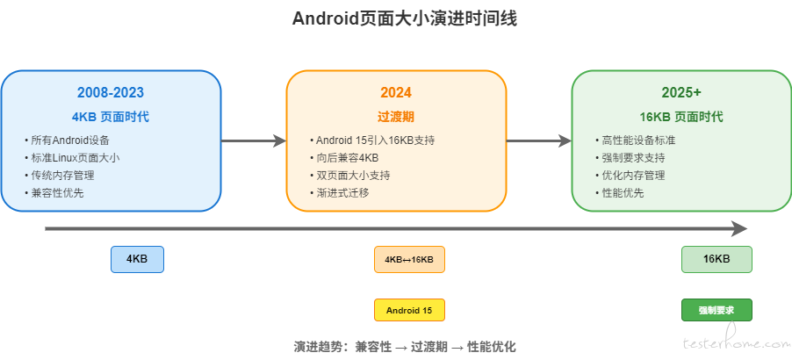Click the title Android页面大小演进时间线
405,19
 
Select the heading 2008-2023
111,93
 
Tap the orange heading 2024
396,93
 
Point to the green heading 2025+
681,93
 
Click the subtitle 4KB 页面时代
111,117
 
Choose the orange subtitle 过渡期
396,117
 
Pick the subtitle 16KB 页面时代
681,117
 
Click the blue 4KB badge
137,260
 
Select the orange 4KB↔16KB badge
409,260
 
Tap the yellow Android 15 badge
409,310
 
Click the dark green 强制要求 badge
716,310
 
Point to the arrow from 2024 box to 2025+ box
539,140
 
